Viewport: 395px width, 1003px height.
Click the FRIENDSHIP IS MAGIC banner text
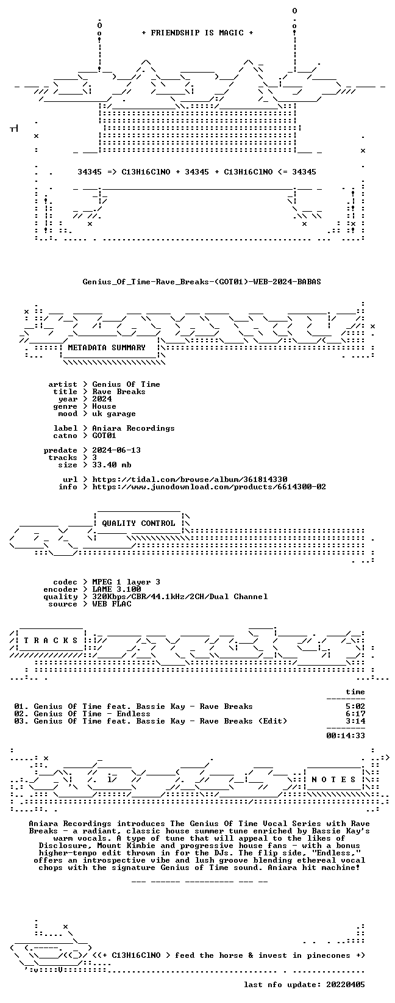pos(197,33)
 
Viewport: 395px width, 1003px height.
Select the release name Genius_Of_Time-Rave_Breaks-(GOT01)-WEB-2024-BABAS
pos(202,282)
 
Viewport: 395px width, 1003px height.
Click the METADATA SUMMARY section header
pos(107,348)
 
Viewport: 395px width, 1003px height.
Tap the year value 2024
pos(102,399)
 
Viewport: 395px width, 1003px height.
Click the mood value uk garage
pos(114,414)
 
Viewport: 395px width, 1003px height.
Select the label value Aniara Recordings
pos(133,428)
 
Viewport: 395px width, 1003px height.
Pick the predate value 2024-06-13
pos(116,450)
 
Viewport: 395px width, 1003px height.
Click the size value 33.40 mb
pos(112,465)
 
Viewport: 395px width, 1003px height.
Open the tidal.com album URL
pos(190,480)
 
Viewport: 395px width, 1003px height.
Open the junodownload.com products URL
pos(209,487)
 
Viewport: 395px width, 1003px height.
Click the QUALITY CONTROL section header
pos(138,523)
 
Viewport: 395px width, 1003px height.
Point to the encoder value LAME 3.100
pos(116,589)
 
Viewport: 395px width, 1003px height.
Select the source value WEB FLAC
pos(112,604)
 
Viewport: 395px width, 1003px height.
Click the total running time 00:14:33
pos(346,736)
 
